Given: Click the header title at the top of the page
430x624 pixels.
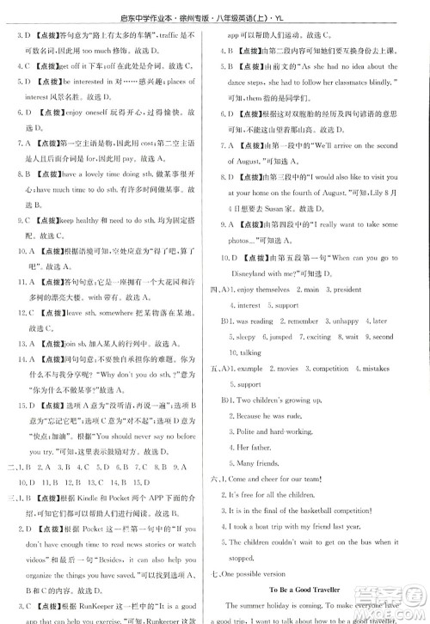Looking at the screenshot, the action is point(215,11).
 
